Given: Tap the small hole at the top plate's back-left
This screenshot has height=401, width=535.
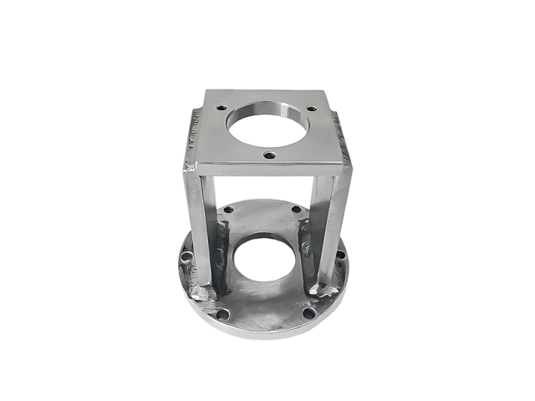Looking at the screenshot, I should pyautogui.click(x=222, y=107).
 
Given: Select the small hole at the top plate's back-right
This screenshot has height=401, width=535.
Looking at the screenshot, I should pyautogui.click(x=312, y=109).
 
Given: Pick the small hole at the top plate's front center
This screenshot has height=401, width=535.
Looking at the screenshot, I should pyautogui.click(x=268, y=155).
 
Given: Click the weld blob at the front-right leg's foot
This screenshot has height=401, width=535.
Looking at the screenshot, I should pyautogui.click(x=325, y=289).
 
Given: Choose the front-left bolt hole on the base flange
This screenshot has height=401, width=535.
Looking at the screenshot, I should pyautogui.click(x=222, y=315).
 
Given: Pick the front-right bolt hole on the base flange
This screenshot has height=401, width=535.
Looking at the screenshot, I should pyautogui.click(x=308, y=313).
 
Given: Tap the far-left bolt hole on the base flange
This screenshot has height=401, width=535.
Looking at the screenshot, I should pyautogui.click(x=188, y=255).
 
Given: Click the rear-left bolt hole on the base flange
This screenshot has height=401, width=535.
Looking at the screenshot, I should pyautogui.click(x=229, y=210).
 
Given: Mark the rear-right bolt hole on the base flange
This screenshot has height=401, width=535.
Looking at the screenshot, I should pyautogui.click(x=296, y=209).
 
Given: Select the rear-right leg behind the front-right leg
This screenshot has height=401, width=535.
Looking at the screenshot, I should pyautogui.click(x=307, y=234).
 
